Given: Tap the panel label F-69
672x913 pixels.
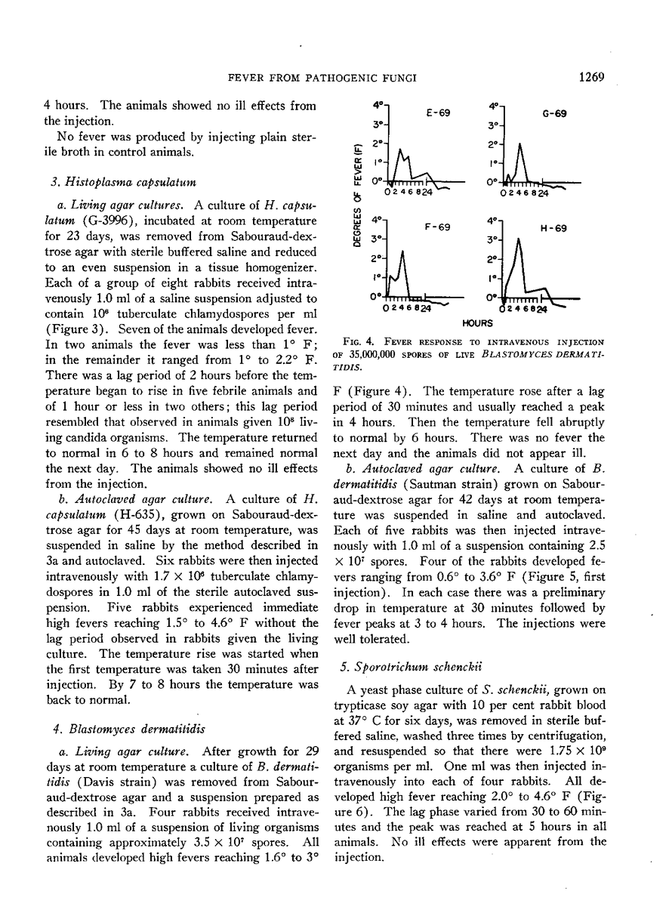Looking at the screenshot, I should [438, 226].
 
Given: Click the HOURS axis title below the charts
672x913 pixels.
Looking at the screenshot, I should [477, 322].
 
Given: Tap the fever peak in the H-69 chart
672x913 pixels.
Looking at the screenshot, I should [519, 240].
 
